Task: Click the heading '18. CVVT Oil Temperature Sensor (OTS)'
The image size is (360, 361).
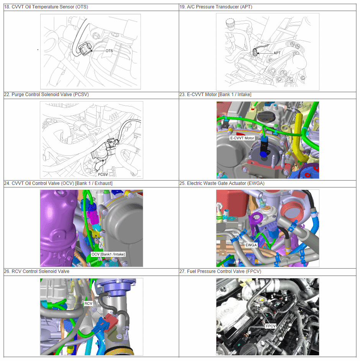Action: [x=46, y=7]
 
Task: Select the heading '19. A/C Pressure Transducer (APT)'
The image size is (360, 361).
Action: [x=216, y=7]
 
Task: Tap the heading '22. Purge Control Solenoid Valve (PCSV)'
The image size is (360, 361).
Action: [x=46, y=95]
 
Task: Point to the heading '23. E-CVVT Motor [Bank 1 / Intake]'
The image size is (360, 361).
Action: [x=215, y=95]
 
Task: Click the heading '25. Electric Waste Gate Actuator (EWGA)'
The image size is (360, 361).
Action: [x=222, y=183]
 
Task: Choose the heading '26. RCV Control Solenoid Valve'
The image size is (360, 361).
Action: [x=37, y=271]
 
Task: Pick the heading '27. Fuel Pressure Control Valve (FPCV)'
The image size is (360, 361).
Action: [x=221, y=271]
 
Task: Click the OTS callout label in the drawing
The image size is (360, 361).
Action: [x=109, y=51]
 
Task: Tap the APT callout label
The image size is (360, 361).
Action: [x=277, y=53]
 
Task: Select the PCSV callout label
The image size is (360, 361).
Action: [x=103, y=175]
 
